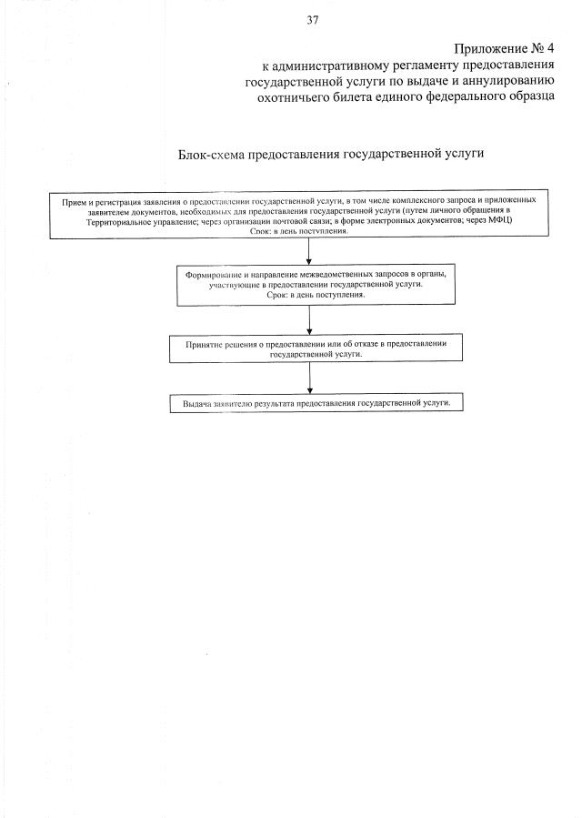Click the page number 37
313,19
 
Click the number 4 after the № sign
550,47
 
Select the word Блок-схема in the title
214,154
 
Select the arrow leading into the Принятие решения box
310,318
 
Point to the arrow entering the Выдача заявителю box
310,378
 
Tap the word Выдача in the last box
196,402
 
